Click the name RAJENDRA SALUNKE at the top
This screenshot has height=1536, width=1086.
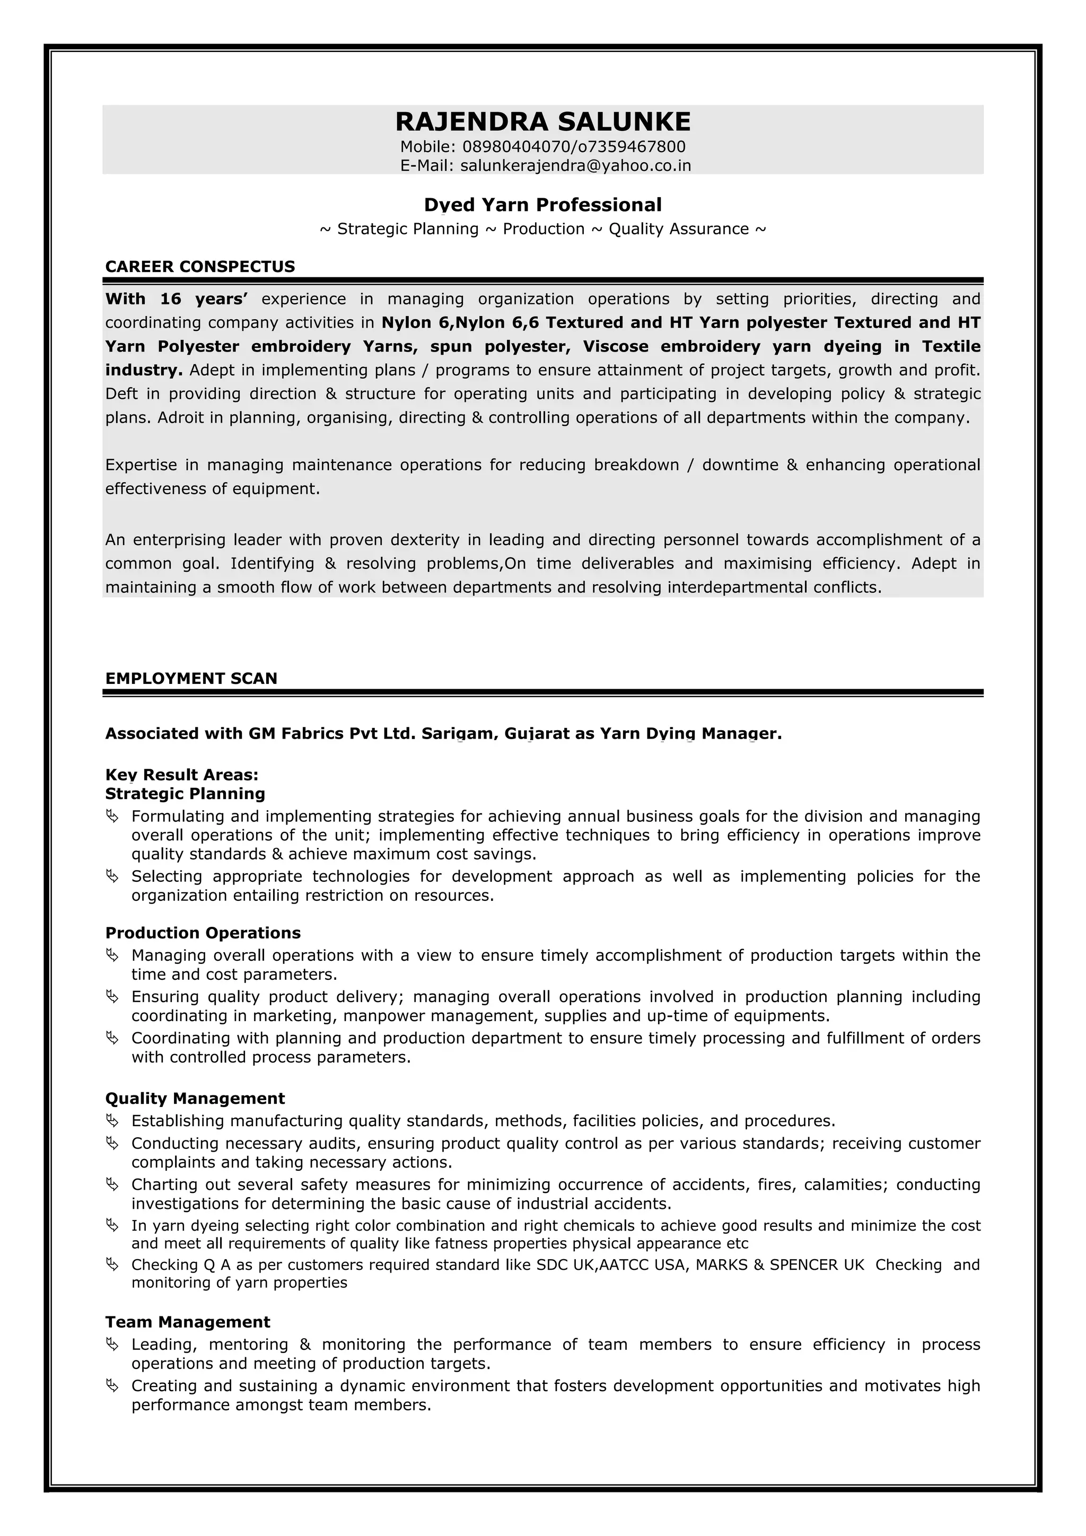[x=542, y=122]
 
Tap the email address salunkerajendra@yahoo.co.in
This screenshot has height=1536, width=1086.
[x=575, y=165]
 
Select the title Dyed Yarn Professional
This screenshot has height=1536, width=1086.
[x=542, y=205]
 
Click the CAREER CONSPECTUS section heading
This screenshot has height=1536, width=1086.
[x=200, y=267]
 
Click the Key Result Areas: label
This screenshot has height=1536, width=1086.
[x=181, y=775]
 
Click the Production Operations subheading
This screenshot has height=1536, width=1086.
[x=203, y=933]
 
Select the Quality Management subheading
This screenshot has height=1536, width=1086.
[x=195, y=1099]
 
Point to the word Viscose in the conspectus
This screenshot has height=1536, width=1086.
[x=615, y=347]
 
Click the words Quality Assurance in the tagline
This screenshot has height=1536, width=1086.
[x=679, y=230]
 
